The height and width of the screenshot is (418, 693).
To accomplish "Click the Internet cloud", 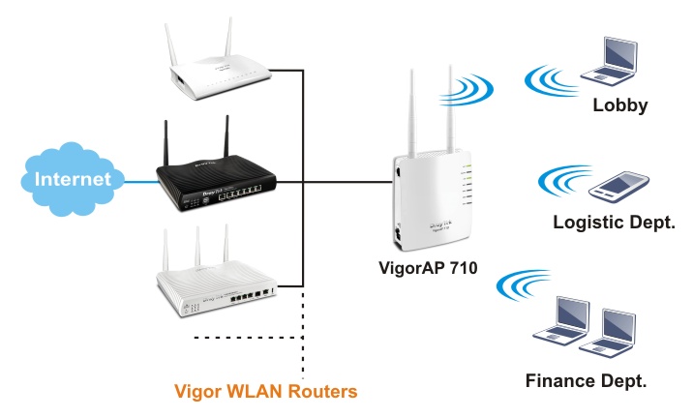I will (x=74, y=179).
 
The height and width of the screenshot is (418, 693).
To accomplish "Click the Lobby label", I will (x=619, y=104).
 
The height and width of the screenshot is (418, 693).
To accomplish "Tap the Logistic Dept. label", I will (x=614, y=223).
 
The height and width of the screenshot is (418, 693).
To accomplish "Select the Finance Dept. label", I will (x=587, y=379).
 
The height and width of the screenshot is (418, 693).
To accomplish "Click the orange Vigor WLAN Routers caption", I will (x=266, y=392).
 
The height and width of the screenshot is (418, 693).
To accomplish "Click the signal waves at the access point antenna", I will (x=474, y=89).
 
